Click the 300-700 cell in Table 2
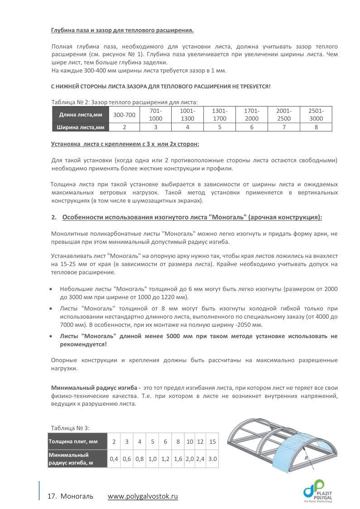point(124,115)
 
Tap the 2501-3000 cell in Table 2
point(316,115)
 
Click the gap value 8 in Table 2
point(316,127)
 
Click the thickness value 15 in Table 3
point(212,441)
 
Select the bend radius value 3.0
point(212,459)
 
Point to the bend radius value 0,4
point(114,459)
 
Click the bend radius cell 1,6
point(178,459)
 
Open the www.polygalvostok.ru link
point(143,496)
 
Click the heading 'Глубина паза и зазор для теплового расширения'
point(122,31)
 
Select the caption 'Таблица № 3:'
point(70,427)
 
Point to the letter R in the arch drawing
point(307,458)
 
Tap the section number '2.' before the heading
point(54,218)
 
